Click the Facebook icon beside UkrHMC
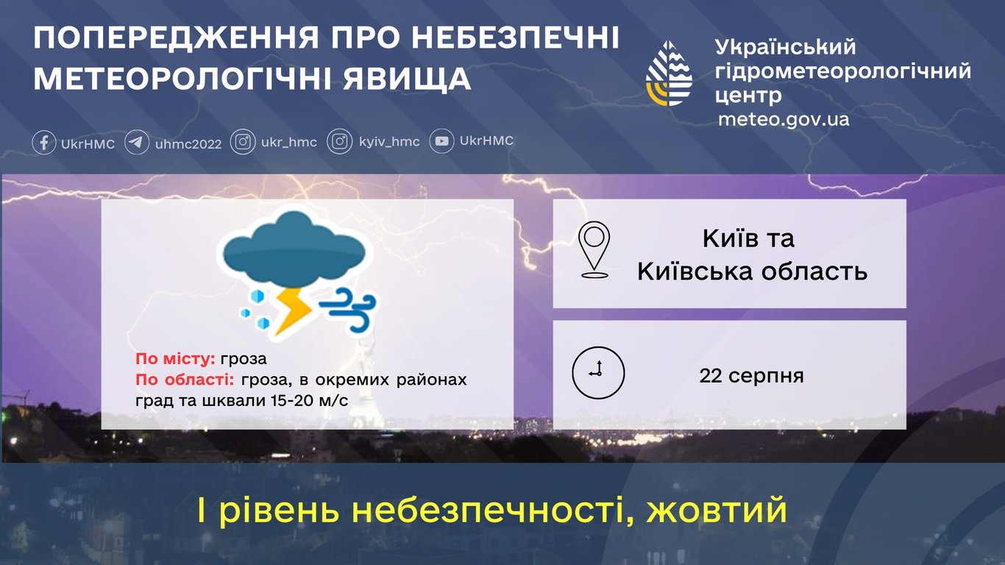pos(44,142)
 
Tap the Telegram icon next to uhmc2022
pos(137,142)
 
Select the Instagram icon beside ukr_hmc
pos(243,142)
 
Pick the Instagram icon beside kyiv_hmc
pos(339,142)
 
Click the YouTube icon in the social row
pos(441,141)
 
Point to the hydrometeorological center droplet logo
pos(670,74)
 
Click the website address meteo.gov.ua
pos(784,119)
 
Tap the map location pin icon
pos(594,250)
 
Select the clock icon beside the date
pos(598,372)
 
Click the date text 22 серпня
pos(751,376)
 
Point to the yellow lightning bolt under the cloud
pos(292,312)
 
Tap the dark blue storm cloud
pos(294,250)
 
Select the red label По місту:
pos(175,360)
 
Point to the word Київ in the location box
pos(728,239)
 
